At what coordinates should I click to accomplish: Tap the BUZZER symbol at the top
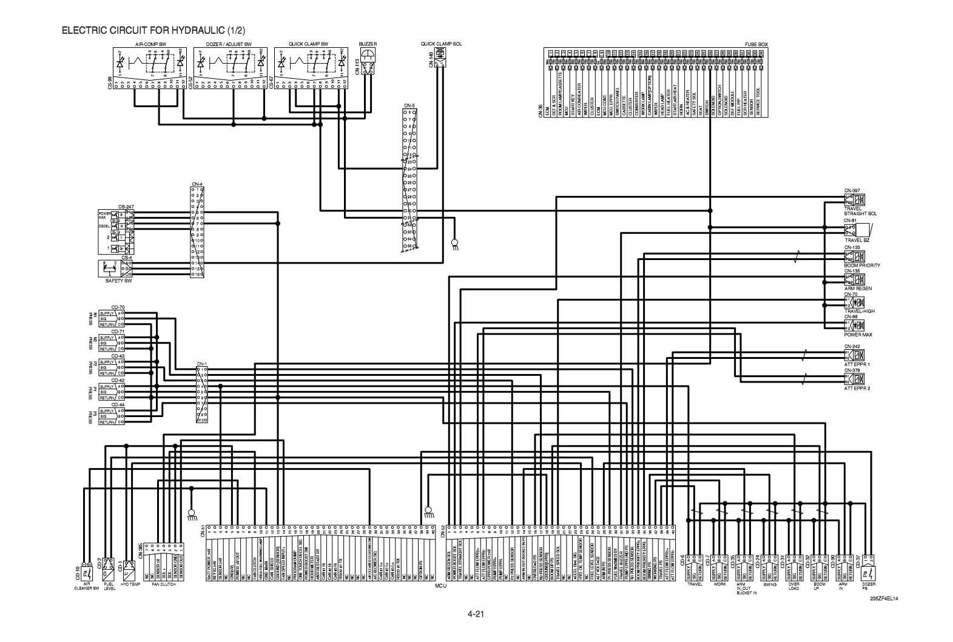[x=368, y=57]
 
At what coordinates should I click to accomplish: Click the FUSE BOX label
[x=756, y=44]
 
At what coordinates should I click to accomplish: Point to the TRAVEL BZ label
[x=857, y=240]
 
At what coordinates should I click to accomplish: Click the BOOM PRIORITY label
[x=861, y=265]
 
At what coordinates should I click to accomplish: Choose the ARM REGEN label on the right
[x=858, y=289]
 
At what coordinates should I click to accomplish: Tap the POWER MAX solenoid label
[x=858, y=334]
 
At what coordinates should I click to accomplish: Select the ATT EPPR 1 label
[x=857, y=364]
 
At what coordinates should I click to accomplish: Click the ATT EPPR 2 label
[x=857, y=388]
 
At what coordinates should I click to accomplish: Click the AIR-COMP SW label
[x=150, y=44]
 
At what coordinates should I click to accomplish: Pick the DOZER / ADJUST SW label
[x=229, y=44]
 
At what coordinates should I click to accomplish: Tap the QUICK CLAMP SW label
[x=308, y=44]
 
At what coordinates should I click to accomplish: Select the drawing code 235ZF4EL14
[x=884, y=599]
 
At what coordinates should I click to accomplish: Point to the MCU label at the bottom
[x=440, y=587]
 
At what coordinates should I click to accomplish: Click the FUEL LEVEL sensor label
[x=109, y=586]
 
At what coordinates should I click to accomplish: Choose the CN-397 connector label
[x=852, y=190]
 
